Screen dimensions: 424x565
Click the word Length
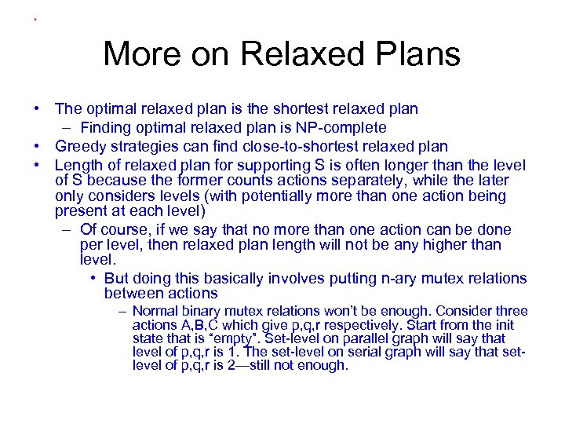77,166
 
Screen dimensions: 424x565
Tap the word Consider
464,311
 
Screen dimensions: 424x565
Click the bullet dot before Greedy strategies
37,147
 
